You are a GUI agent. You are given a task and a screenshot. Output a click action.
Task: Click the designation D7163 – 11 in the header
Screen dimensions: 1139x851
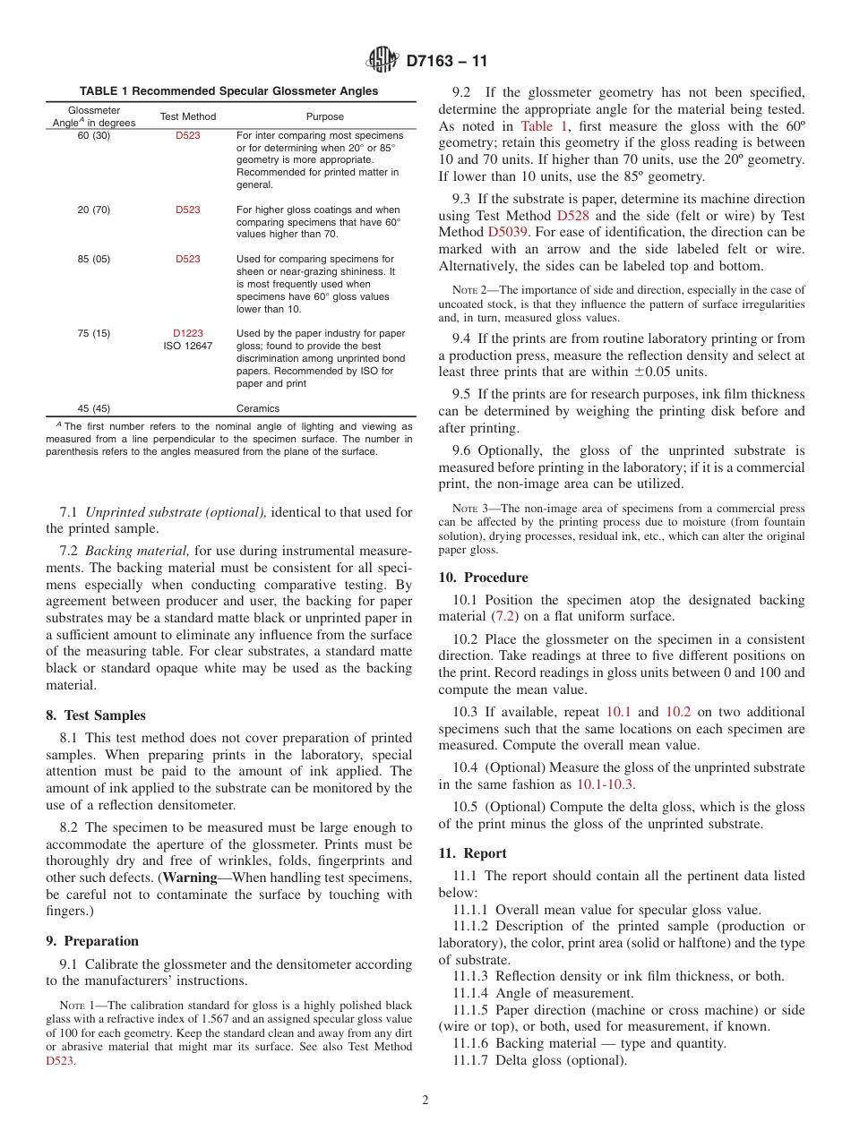click(x=446, y=62)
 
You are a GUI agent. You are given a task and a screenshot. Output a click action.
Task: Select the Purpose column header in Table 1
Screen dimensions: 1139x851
click(x=324, y=116)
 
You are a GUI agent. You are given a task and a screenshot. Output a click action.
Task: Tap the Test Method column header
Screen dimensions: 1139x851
click(x=188, y=116)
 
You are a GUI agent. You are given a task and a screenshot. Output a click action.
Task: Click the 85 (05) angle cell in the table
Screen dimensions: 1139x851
click(x=94, y=259)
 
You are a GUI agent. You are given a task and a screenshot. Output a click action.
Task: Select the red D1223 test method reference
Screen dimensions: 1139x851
click(x=188, y=333)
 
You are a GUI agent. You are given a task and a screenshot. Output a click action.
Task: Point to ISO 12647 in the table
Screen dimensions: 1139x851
click(x=188, y=346)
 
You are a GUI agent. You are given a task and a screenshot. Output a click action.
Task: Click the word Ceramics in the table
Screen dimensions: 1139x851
click(x=258, y=407)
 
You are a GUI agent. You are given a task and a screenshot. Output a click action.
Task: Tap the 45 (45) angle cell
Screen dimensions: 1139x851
click(x=94, y=407)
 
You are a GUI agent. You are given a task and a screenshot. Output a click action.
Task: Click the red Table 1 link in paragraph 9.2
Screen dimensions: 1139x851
click(x=537, y=126)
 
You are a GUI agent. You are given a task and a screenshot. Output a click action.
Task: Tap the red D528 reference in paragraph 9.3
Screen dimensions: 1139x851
click(x=572, y=216)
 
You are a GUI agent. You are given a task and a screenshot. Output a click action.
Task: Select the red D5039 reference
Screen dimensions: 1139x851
click(x=509, y=232)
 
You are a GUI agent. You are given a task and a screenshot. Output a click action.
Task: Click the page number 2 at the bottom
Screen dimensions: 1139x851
click(x=425, y=1100)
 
